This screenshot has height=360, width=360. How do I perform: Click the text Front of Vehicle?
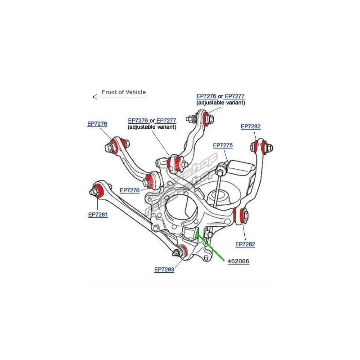[124, 92]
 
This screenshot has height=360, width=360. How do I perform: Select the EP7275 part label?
[222, 145]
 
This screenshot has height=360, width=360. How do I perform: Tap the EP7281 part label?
[98, 215]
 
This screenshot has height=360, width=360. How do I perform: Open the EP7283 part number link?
[164, 270]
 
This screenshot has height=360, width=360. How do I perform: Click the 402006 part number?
[238, 261]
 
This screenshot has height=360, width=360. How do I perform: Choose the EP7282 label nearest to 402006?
[245, 244]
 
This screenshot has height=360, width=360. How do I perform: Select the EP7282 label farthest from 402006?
[251, 127]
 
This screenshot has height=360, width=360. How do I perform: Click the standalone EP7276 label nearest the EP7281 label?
[130, 190]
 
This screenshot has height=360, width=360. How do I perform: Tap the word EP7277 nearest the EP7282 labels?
[234, 96]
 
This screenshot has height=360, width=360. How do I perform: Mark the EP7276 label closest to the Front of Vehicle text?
[97, 123]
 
